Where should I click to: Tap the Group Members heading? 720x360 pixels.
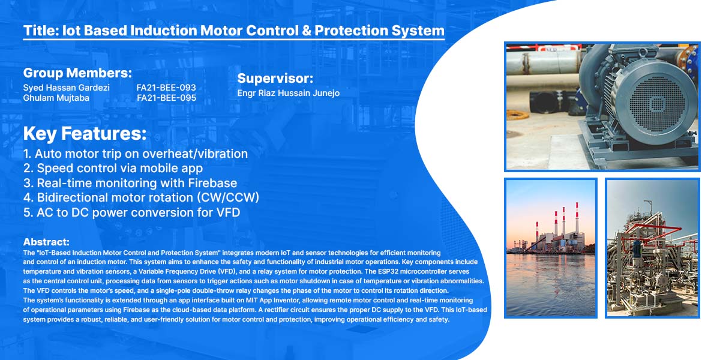click(77, 73)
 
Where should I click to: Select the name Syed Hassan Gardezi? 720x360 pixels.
click(66, 88)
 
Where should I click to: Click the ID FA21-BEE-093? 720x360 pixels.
click(166, 88)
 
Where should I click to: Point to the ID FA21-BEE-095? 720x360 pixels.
click(167, 98)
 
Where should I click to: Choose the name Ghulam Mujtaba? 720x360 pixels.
click(56, 98)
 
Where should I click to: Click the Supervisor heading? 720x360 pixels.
click(275, 79)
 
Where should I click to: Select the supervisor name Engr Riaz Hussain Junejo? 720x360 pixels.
click(289, 93)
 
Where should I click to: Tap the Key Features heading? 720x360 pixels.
click(85, 133)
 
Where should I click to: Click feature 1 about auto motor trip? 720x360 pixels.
click(136, 154)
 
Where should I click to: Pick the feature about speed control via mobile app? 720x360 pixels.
click(113, 168)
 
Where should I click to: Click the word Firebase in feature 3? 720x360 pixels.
click(212, 183)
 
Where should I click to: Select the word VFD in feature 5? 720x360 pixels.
click(228, 212)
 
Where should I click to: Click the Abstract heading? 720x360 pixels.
click(46, 242)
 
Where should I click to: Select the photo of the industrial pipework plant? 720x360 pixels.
click(652, 248)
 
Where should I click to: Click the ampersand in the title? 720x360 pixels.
click(307, 31)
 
